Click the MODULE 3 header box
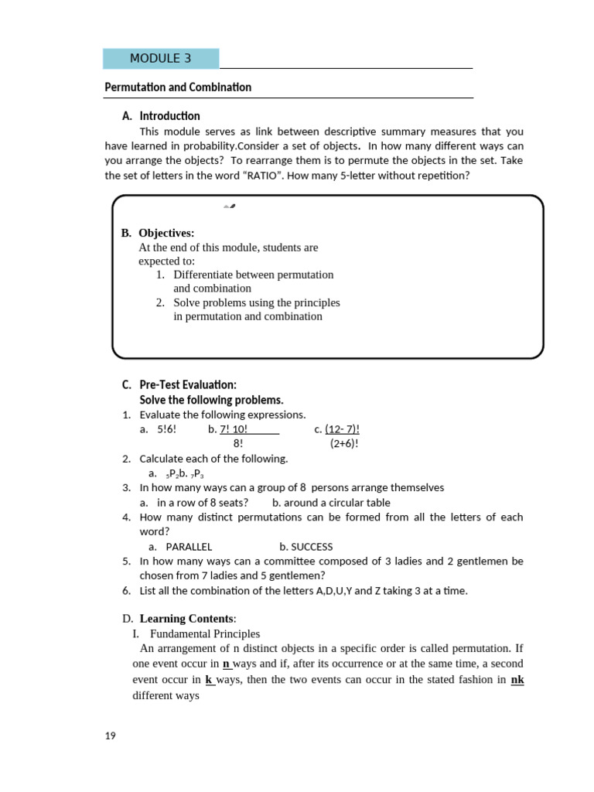161,59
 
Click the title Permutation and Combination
178,87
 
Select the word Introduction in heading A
169,116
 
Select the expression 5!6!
166,429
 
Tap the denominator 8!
238,444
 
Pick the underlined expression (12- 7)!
342,429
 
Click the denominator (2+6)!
344,444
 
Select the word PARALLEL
189,547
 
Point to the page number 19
110,736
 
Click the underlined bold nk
517,680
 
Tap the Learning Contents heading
186,619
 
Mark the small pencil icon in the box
229,207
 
